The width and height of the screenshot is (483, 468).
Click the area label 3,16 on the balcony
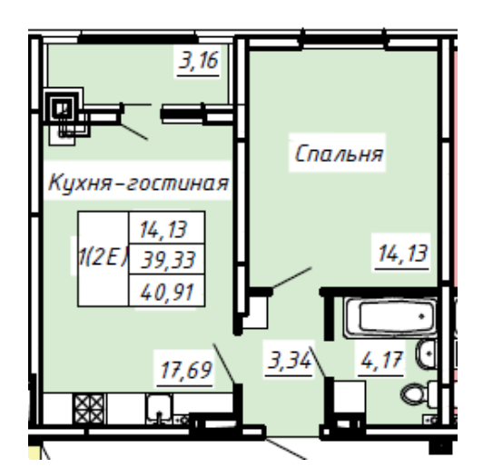[x=202, y=65]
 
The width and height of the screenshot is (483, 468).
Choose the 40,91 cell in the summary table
[x=170, y=292]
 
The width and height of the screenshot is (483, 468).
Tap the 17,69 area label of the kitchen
[x=184, y=372]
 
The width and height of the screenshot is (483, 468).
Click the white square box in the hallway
[x=349, y=397]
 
